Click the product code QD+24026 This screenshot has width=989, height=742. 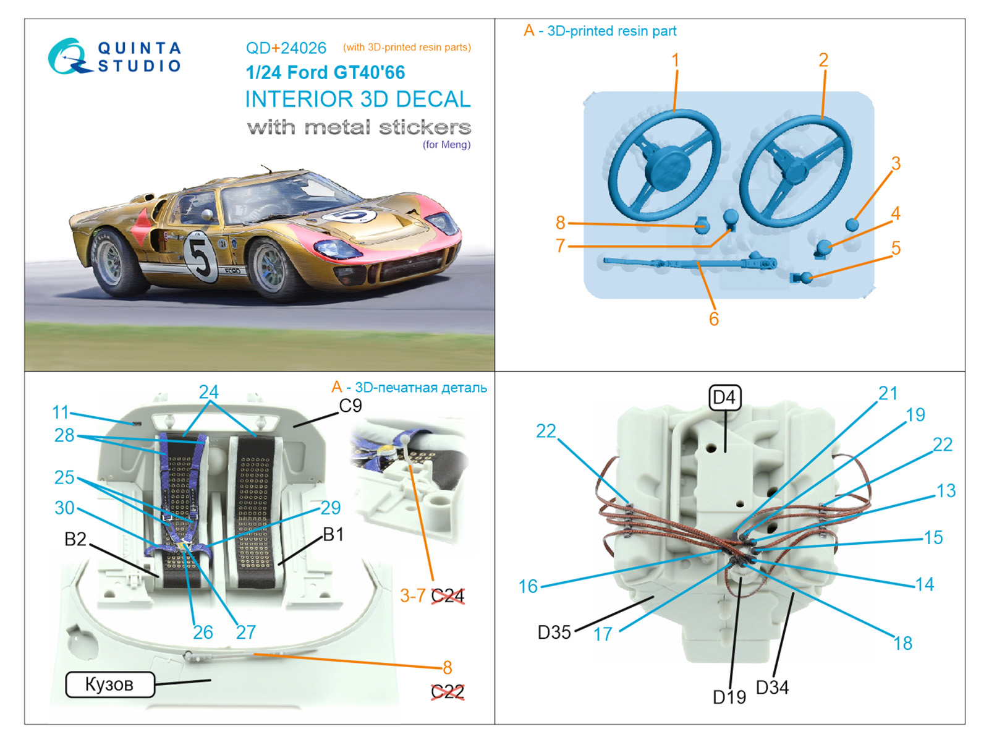(286, 48)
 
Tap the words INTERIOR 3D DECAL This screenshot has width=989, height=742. (357, 99)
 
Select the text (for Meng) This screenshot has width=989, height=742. (446, 145)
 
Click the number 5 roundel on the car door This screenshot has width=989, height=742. (200, 255)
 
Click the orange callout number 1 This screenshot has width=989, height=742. (676, 60)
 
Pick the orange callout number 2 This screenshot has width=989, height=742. (823, 60)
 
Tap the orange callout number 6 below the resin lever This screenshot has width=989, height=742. (714, 319)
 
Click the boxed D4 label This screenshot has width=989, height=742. (724, 397)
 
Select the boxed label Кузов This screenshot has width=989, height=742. (109, 684)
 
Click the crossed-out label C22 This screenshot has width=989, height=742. (448, 692)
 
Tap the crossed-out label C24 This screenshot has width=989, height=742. (448, 596)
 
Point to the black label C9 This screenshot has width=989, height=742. (350, 406)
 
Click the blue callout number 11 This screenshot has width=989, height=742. (61, 412)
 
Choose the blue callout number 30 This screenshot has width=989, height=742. (64, 508)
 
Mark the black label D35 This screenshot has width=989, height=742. (554, 633)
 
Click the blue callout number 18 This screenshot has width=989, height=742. (902, 644)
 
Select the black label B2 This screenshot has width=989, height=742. (75, 539)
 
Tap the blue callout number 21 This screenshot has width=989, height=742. (888, 393)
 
